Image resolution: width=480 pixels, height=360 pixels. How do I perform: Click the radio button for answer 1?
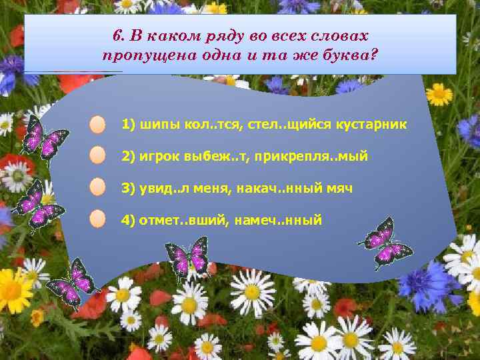pos(98,125)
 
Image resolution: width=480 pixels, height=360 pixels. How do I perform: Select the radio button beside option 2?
pos(98,156)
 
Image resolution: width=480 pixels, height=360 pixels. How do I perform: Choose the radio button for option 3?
pos(98,187)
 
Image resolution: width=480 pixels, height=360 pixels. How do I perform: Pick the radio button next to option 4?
pos(98,219)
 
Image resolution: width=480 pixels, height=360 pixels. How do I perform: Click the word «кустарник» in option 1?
pos(376,125)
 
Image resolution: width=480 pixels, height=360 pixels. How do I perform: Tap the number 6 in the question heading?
pos(116,34)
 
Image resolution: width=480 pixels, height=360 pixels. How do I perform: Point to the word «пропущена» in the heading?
pos(137,55)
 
